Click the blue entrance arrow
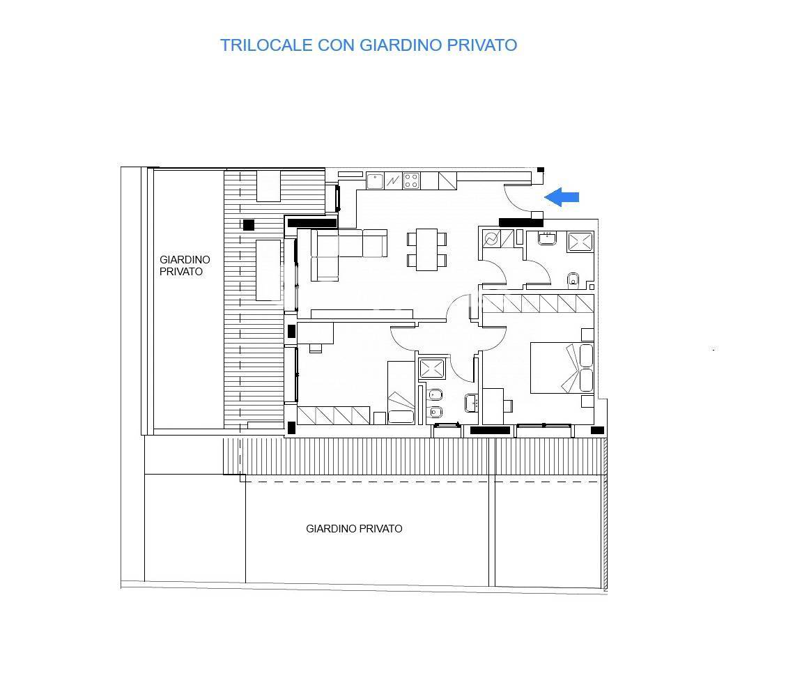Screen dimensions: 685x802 coord(562,197)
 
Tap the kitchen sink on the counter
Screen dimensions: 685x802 coord(376,180)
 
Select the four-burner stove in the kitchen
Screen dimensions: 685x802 coord(411,180)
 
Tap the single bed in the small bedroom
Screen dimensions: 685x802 coord(401,394)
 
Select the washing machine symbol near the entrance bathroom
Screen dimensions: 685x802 coord(491,239)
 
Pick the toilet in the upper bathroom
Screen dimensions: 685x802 coord(573,280)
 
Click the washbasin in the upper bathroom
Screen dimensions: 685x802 coord(547,239)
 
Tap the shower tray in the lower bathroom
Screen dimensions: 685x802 coord(432,369)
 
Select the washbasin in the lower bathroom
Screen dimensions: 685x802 coord(471,403)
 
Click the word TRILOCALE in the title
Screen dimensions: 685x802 coord(266,45)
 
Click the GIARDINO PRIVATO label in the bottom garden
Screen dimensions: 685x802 coord(354,529)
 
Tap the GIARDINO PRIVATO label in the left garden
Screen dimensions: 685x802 coord(184,265)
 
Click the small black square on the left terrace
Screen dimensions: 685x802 coord(249,224)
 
